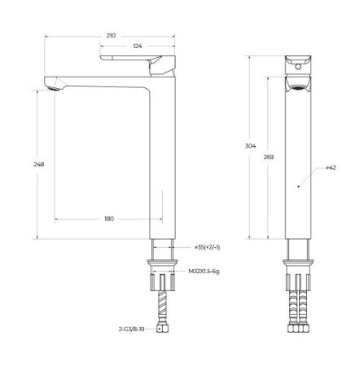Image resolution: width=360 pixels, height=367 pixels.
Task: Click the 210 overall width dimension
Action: [x=111, y=36]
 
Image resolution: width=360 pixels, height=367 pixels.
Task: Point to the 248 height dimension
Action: [x=38, y=164]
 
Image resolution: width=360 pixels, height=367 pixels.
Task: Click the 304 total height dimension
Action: [x=251, y=147]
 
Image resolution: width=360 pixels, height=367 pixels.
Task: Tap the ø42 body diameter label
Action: [x=331, y=168]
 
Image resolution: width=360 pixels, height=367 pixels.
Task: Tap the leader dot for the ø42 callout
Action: [x=299, y=186]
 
